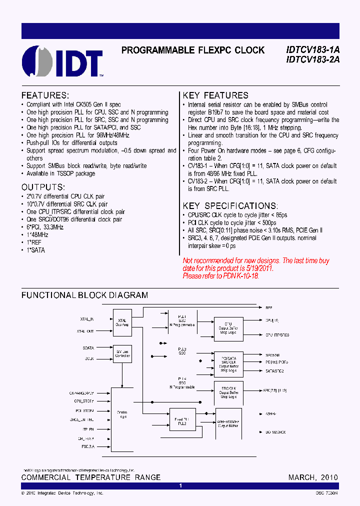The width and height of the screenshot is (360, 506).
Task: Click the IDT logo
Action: pos(62,61)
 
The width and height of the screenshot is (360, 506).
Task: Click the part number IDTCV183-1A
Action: pos(313,50)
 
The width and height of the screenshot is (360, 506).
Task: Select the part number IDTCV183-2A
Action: pos(313,59)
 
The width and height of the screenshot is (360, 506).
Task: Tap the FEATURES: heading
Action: pos(45,95)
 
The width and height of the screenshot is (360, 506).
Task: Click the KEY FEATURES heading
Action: pos(215,95)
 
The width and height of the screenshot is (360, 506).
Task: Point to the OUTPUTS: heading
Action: pos(44,186)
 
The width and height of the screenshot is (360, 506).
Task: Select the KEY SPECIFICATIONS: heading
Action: pos(230,205)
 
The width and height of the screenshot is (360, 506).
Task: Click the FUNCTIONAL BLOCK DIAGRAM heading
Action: pos(84,295)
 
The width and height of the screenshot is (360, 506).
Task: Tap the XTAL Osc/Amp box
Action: pos(122,323)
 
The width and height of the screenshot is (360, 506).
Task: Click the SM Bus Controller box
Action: pos(122,354)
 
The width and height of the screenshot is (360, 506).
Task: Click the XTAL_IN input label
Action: pos(86,318)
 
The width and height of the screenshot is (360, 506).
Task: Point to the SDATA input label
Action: pos(88,347)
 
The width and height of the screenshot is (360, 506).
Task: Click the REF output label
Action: pos(268,308)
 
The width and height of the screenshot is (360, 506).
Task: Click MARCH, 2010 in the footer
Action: pos(313,477)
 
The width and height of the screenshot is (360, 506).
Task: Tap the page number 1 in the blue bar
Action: pos(180,485)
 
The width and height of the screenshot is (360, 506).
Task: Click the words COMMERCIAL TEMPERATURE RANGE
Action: pos(91,477)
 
